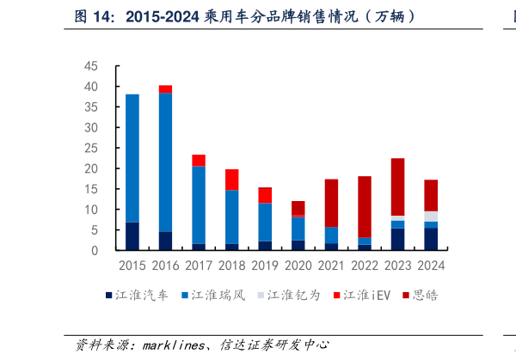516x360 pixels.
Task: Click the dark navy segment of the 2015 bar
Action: coord(132,236)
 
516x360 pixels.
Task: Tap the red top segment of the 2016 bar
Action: coord(165,88)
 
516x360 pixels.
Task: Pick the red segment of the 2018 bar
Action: coord(232,180)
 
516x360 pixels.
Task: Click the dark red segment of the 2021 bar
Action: coord(331,203)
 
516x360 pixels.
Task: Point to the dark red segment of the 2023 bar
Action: coord(397,186)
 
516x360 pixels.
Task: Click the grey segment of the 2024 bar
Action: coord(431,217)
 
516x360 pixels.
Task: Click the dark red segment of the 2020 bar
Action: coord(298,207)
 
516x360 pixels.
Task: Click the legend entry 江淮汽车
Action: coord(142,296)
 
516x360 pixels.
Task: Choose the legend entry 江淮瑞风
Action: coord(213,296)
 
